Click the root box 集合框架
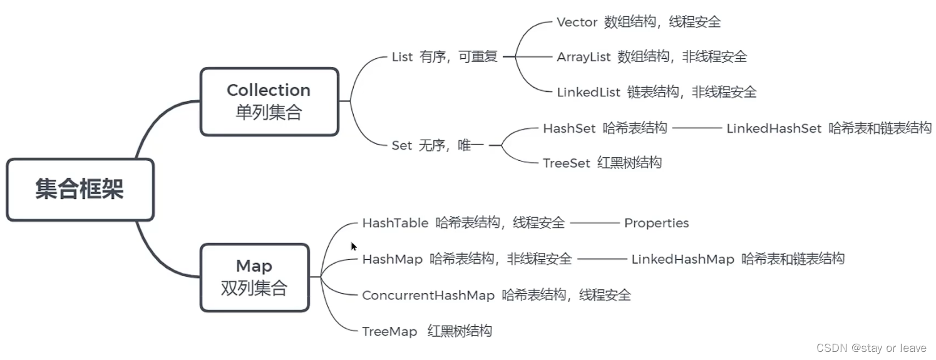(x=80, y=190)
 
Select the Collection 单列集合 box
(x=269, y=101)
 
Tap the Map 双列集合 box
(x=254, y=277)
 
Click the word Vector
(x=577, y=23)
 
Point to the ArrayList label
(x=584, y=57)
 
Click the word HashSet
(x=569, y=128)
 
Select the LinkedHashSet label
(x=773, y=128)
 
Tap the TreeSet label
(x=567, y=163)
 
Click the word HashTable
(x=395, y=223)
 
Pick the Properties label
(x=656, y=223)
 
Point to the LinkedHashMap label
(x=682, y=259)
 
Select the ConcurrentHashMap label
(x=428, y=295)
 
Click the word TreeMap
(x=389, y=331)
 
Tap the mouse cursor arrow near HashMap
(x=354, y=247)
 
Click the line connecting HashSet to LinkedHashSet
(x=697, y=128)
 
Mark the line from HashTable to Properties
(x=594, y=223)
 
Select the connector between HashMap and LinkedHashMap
(x=602, y=259)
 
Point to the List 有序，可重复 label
(x=445, y=57)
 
